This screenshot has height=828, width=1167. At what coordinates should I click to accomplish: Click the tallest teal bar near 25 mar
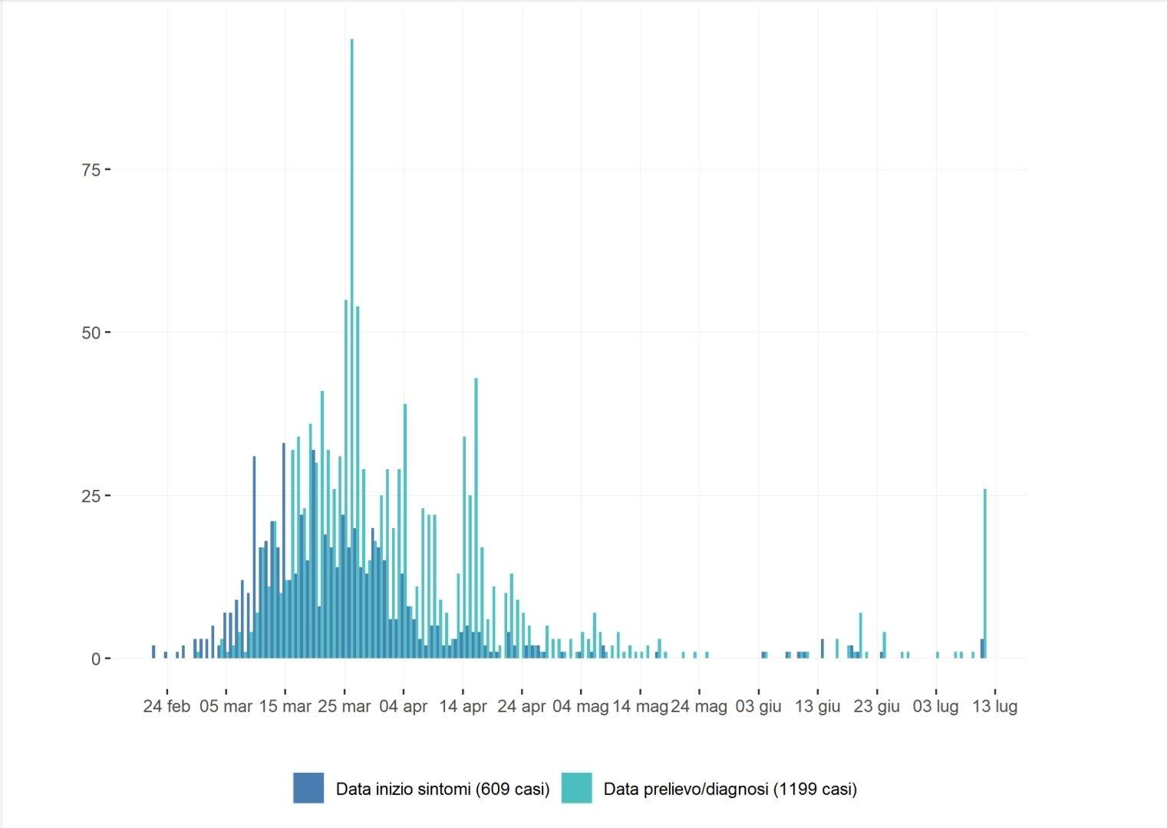click(x=351, y=349)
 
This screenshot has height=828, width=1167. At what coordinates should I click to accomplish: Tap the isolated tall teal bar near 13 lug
click(x=984, y=573)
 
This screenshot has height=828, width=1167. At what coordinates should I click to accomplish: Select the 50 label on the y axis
click(x=91, y=333)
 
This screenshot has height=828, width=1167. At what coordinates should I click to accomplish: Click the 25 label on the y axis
click(x=91, y=496)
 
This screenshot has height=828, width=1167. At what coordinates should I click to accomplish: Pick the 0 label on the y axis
click(x=96, y=659)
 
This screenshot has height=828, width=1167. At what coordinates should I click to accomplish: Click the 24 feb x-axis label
click(x=166, y=706)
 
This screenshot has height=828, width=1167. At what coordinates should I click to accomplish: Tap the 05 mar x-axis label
click(x=226, y=706)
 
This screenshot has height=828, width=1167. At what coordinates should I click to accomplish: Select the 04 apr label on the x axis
click(x=404, y=706)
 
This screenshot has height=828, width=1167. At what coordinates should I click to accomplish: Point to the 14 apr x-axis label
click(x=463, y=706)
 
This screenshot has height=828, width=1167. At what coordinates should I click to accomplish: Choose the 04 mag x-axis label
click(x=581, y=706)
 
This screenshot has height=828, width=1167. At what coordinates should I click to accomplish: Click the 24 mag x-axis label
click(x=699, y=706)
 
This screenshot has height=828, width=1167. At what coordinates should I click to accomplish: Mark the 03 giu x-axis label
click(x=759, y=706)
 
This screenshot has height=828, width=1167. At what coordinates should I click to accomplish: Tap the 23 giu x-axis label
click(x=877, y=706)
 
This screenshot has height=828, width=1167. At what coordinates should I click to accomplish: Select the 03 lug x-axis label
click(x=936, y=706)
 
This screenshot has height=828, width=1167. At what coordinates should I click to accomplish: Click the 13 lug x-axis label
click(x=995, y=706)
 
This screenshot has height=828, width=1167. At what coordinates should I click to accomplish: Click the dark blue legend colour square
click(x=308, y=788)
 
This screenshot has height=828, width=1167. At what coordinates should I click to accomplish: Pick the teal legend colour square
click(x=577, y=788)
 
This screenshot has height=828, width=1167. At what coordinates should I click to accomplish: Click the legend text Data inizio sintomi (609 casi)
click(x=443, y=789)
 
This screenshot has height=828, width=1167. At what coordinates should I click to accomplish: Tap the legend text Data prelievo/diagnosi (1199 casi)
click(x=730, y=789)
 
